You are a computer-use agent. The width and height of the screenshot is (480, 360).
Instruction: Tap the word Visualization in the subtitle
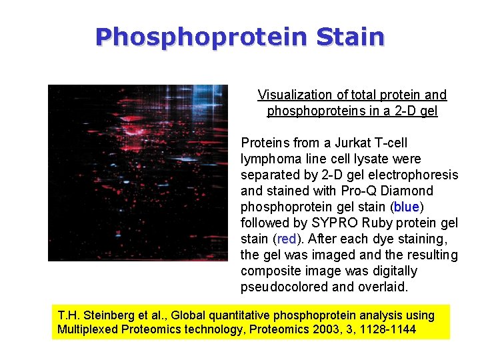click(x=292, y=95)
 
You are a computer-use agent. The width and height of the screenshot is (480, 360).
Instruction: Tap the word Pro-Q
click(x=347, y=191)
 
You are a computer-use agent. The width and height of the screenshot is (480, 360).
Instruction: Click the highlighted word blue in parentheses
click(x=407, y=207)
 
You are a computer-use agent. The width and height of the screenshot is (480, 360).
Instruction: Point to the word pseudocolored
click(x=281, y=287)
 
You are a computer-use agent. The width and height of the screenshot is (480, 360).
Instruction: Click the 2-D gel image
click(x=138, y=173)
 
